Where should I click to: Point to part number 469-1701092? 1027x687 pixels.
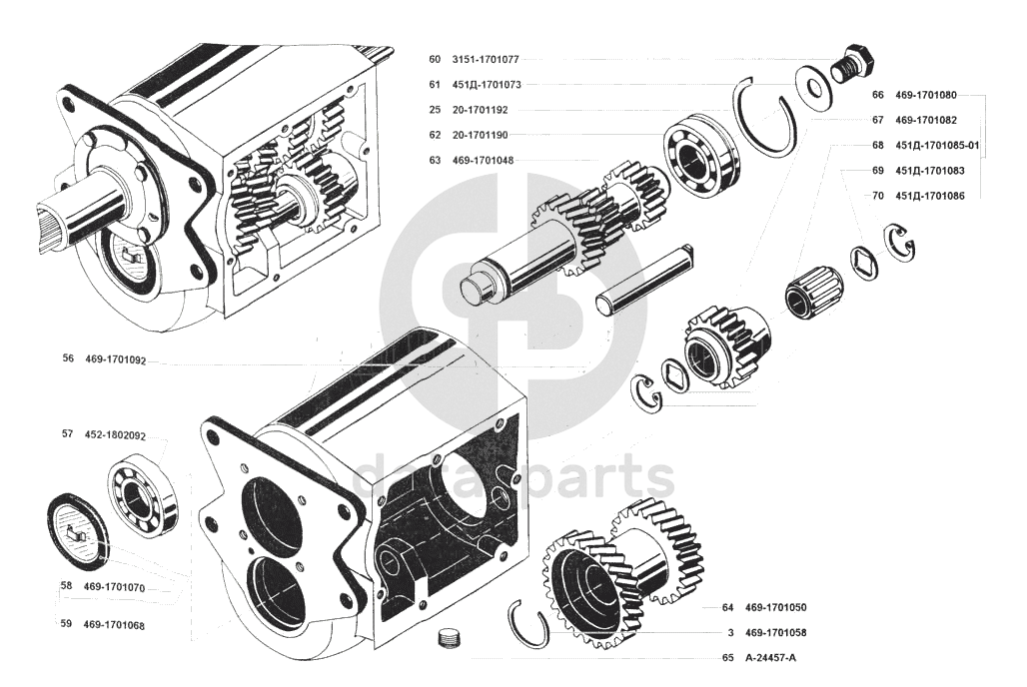116,359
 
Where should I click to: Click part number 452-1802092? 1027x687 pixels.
116,435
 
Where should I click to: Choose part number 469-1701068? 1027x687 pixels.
114,625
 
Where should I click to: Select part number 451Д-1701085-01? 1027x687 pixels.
938,145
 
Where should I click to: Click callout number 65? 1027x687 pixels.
727,658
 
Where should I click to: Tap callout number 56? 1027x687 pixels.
68,358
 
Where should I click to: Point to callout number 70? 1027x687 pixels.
878,196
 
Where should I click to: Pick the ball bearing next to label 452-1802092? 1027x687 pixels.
143,494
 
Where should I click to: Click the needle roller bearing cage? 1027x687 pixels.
813,290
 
